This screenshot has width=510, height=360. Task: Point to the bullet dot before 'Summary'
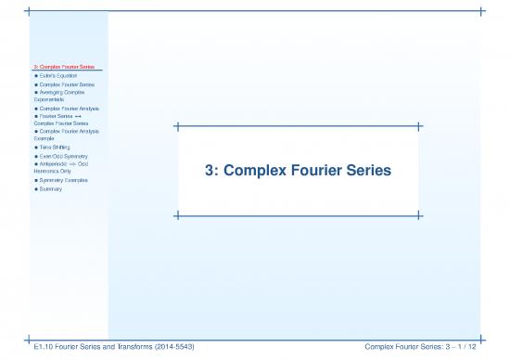(x=35, y=188)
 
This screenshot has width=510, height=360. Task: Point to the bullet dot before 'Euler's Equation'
(x=35, y=75)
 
